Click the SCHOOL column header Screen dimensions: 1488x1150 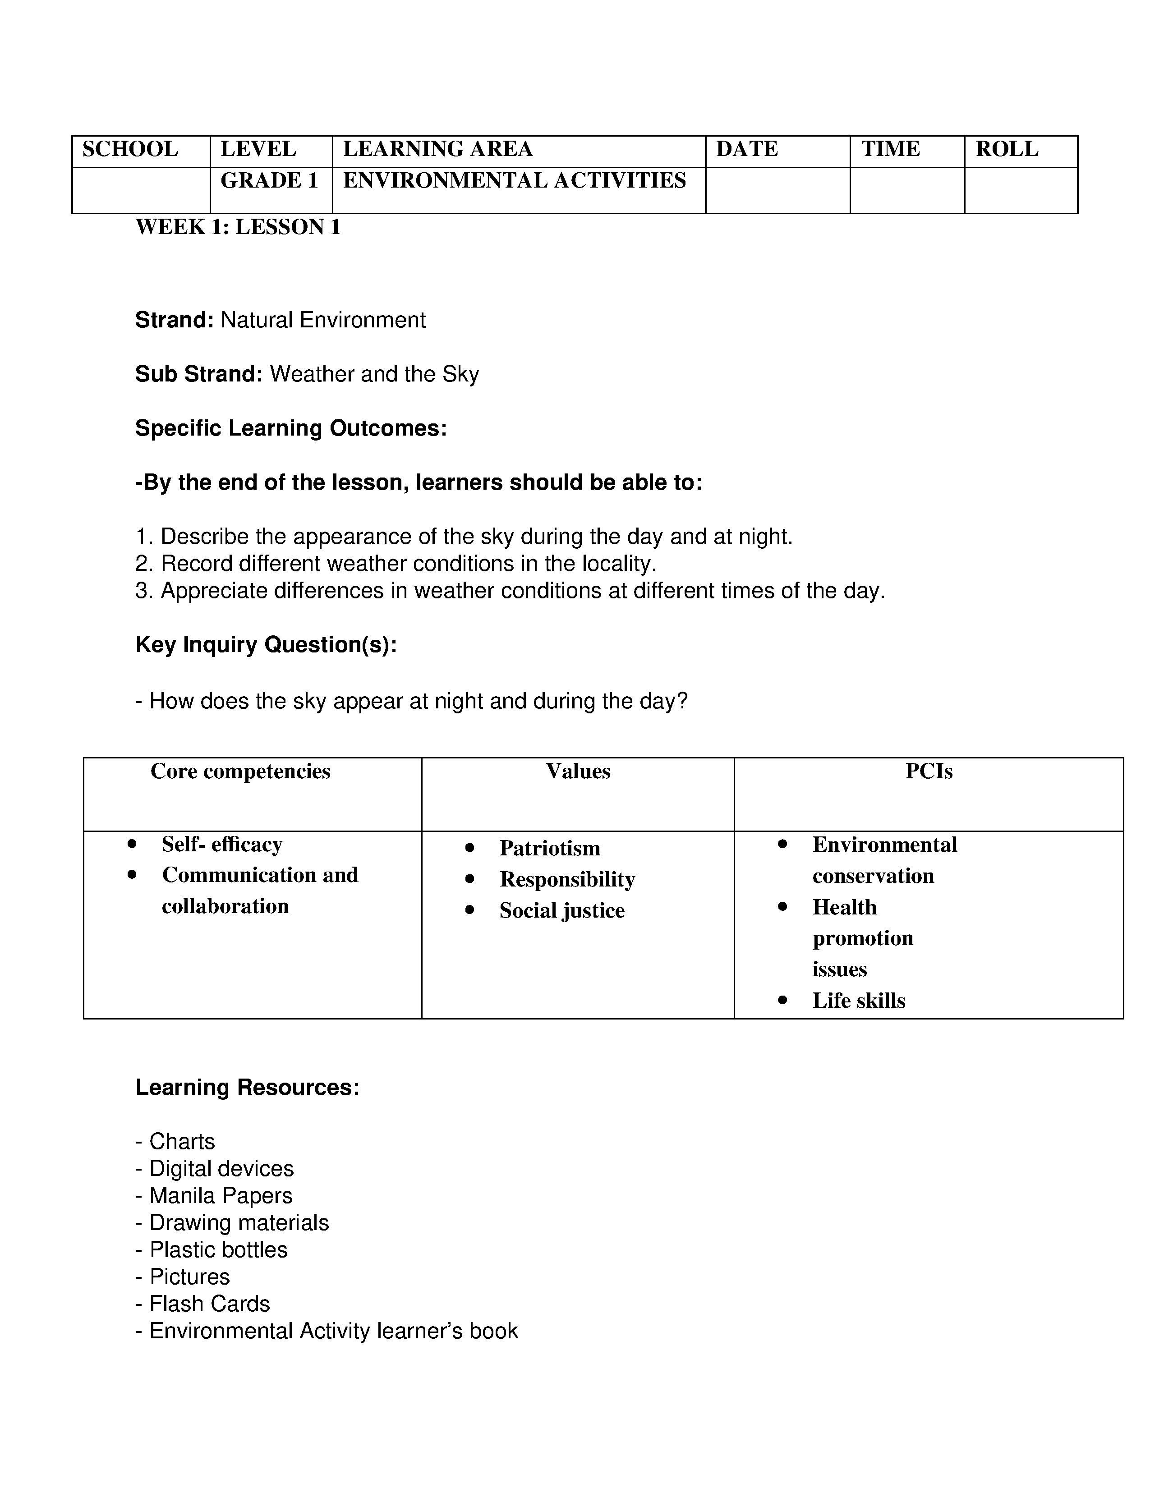click(130, 149)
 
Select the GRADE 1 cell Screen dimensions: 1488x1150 click(269, 180)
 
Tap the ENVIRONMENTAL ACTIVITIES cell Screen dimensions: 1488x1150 click(515, 180)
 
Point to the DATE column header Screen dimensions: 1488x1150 click(747, 149)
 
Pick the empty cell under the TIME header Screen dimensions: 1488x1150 click(907, 190)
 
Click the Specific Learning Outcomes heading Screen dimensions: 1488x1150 click(291, 428)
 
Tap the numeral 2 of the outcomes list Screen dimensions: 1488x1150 click(142, 564)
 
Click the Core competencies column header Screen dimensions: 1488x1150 click(240, 771)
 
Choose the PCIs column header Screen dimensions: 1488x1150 click(929, 771)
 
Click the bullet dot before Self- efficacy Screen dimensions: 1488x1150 click(132, 844)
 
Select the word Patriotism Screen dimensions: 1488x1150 click(550, 848)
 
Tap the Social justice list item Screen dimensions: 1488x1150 click(561, 911)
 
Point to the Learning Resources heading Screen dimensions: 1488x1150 click(247, 1088)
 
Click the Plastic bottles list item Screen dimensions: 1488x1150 click(218, 1249)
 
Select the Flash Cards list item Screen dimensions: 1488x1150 click(209, 1304)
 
